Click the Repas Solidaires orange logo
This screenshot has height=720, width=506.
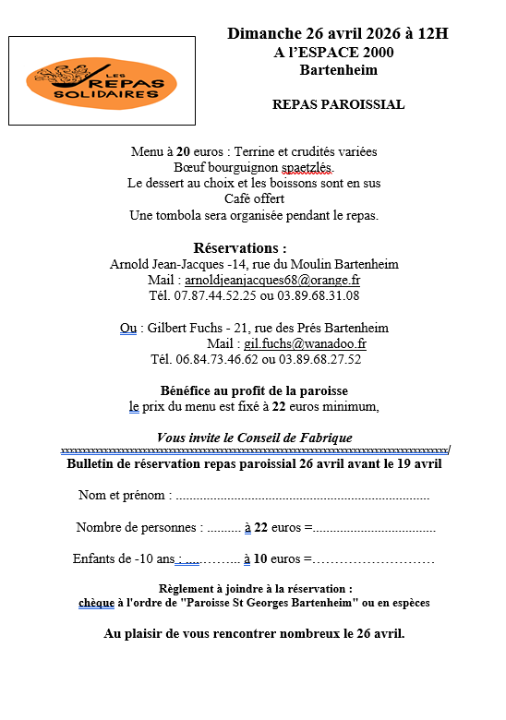[x=102, y=82]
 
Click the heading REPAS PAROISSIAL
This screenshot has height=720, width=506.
[x=338, y=104]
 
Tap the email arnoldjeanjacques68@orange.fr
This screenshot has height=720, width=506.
[x=272, y=280]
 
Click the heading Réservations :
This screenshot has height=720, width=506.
[x=240, y=247]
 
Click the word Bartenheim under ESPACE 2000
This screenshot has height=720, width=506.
[x=338, y=70]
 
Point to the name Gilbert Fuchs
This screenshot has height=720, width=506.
[x=181, y=328]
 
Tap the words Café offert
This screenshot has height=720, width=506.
[x=254, y=198]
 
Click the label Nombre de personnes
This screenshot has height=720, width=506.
[x=139, y=528]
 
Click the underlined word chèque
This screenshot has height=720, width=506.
[x=96, y=603]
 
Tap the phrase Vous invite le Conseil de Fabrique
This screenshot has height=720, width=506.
[x=254, y=438]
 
